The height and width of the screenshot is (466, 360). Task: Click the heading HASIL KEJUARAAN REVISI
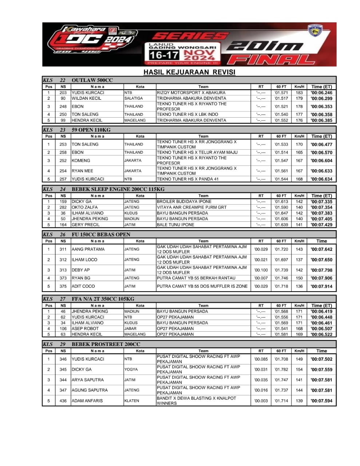[x=189, y=72]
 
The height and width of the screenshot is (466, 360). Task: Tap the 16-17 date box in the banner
[x=164, y=55]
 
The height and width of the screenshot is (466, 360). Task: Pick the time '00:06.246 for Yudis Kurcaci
[x=321, y=92]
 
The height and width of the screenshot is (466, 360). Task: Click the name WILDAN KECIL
[x=86, y=98]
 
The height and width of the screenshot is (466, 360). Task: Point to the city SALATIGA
[x=134, y=98]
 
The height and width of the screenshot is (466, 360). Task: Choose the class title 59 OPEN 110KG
[x=91, y=130]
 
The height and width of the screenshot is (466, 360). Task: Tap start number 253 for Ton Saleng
[x=63, y=144]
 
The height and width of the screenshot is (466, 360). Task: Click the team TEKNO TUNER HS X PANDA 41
[x=187, y=179]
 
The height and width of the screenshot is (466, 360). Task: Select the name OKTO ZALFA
[x=85, y=207]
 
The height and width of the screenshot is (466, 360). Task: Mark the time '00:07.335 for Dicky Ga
[x=321, y=202]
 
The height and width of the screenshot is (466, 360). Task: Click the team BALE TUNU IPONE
[x=175, y=225]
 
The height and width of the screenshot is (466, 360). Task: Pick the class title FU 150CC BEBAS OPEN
[x=101, y=234]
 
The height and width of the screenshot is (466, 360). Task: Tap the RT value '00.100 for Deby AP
[x=261, y=270]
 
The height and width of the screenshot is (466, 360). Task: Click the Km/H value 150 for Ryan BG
[x=299, y=278]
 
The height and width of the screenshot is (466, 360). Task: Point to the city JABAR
[x=130, y=328]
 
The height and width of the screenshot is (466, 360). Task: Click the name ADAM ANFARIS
[x=87, y=401]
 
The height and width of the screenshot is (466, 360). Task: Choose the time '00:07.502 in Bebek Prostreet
[x=321, y=359]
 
